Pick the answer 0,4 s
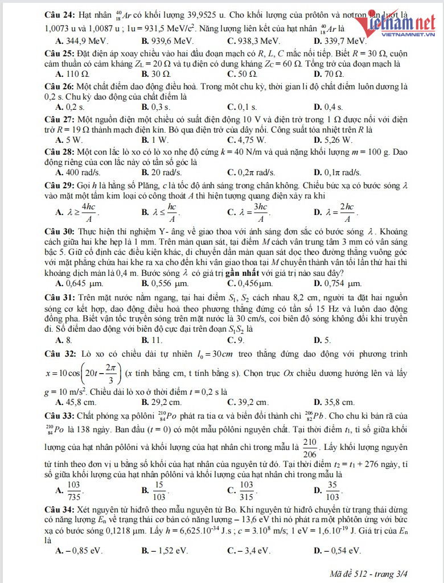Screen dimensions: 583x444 coord(332,107)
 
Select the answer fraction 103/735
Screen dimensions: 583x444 coord(73,489)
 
